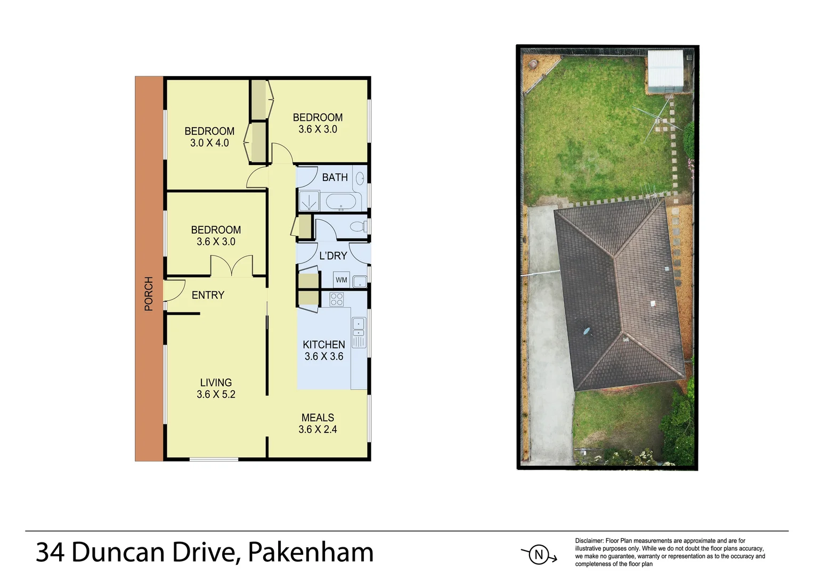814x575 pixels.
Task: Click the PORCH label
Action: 149,294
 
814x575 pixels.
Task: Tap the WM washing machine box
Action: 341,280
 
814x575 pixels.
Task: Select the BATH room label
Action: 335,177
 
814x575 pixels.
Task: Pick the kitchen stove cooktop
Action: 337,299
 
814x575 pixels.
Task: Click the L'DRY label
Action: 333,256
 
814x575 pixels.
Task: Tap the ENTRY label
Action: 208,295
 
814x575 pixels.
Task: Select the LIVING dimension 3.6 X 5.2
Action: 216,395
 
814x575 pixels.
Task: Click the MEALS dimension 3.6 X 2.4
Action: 318,430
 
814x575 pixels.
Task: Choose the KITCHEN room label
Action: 324,344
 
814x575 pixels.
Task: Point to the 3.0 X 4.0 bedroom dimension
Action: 209,143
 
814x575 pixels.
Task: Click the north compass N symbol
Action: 539,555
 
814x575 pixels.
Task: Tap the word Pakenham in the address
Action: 311,552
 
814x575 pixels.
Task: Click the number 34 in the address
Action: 50,552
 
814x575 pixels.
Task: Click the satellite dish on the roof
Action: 587,331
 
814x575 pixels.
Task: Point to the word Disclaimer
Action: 589,541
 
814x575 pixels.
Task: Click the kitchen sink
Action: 359,323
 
